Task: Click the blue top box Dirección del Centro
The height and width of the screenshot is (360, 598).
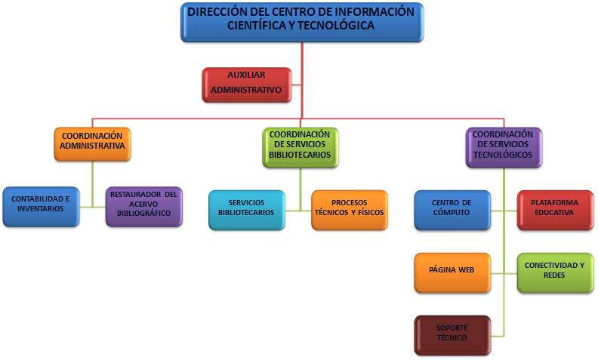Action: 302,22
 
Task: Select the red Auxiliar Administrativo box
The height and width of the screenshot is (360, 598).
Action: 247,85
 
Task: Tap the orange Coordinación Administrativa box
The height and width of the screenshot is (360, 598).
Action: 92,143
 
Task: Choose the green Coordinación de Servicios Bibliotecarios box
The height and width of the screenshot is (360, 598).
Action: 301,147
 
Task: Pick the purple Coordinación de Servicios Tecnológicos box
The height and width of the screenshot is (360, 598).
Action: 504,147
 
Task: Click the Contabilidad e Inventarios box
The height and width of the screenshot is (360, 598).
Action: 41,207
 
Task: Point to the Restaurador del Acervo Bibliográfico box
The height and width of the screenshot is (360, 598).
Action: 143,207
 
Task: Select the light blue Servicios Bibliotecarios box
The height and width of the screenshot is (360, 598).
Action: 247,210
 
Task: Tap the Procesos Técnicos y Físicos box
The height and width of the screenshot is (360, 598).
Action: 350,210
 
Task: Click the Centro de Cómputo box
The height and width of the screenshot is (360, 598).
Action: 452,210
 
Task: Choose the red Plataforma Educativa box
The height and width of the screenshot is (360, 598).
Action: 555,210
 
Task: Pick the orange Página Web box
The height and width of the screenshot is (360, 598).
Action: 452,272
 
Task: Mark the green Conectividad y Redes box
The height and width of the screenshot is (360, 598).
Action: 555,272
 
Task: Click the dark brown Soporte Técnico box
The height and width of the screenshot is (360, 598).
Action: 452,335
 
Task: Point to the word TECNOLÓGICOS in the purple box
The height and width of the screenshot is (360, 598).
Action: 503,155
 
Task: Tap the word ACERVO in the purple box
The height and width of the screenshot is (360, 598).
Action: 143,204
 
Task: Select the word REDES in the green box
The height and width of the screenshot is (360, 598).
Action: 554,275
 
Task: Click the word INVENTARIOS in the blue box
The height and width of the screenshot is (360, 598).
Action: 41,208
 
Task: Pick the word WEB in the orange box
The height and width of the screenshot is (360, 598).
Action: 466,270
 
